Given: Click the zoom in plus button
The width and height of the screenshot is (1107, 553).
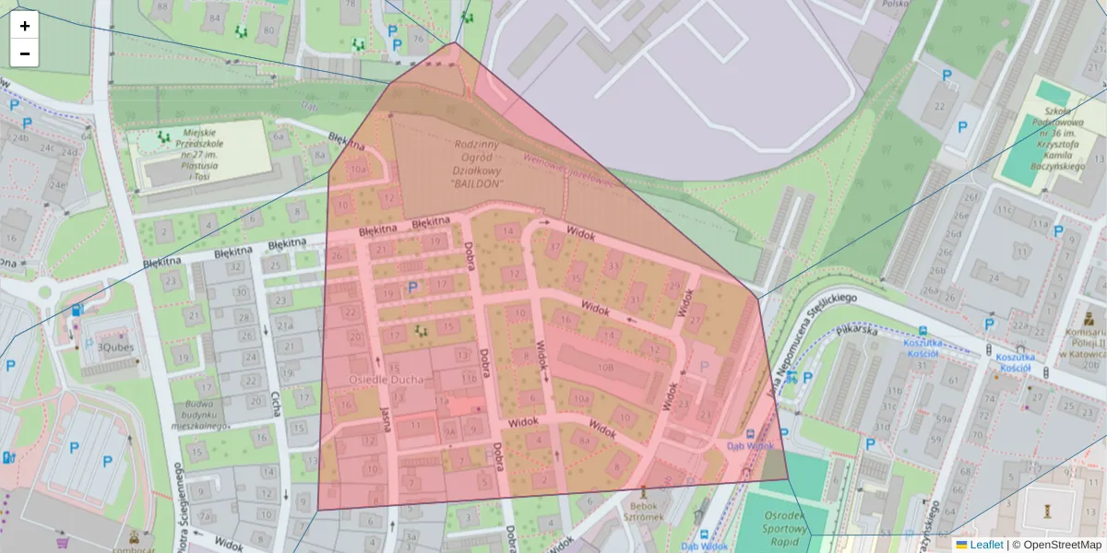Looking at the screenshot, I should point(25,26).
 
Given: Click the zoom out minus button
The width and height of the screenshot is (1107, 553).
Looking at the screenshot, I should point(25,53).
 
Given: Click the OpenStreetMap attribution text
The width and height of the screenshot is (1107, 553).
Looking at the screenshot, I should point(1062,545).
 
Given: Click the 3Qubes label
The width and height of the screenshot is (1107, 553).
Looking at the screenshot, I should point(116,347).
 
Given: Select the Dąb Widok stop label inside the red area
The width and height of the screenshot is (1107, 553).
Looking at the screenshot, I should point(750,445).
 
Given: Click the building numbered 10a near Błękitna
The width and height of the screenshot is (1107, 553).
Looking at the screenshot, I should point(358,170).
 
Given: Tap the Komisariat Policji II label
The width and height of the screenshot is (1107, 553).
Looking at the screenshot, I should point(1085,342).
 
